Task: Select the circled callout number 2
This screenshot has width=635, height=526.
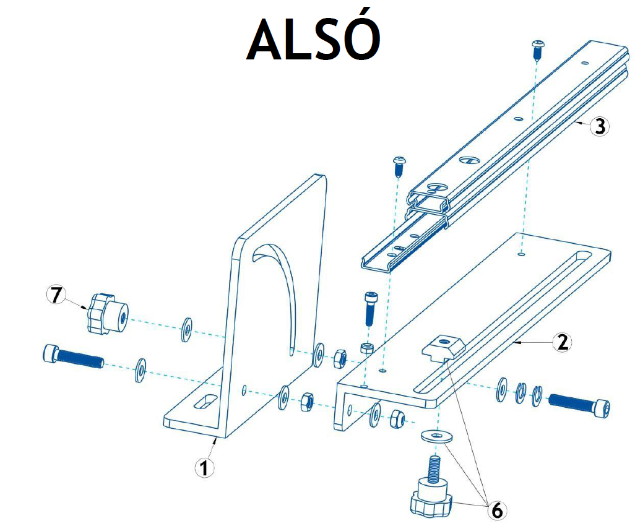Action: pos(561,342)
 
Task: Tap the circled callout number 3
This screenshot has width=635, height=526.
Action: pos(598,126)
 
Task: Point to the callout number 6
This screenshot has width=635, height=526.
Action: pos(496,511)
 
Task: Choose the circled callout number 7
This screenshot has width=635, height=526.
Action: pos(56,295)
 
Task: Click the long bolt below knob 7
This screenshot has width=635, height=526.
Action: pos(73,356)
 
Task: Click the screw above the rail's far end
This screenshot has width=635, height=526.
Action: pos(538,49)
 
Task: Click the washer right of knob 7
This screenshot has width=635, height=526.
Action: pos(186,330)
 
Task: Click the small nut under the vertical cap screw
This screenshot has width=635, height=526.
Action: pos(366,348)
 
